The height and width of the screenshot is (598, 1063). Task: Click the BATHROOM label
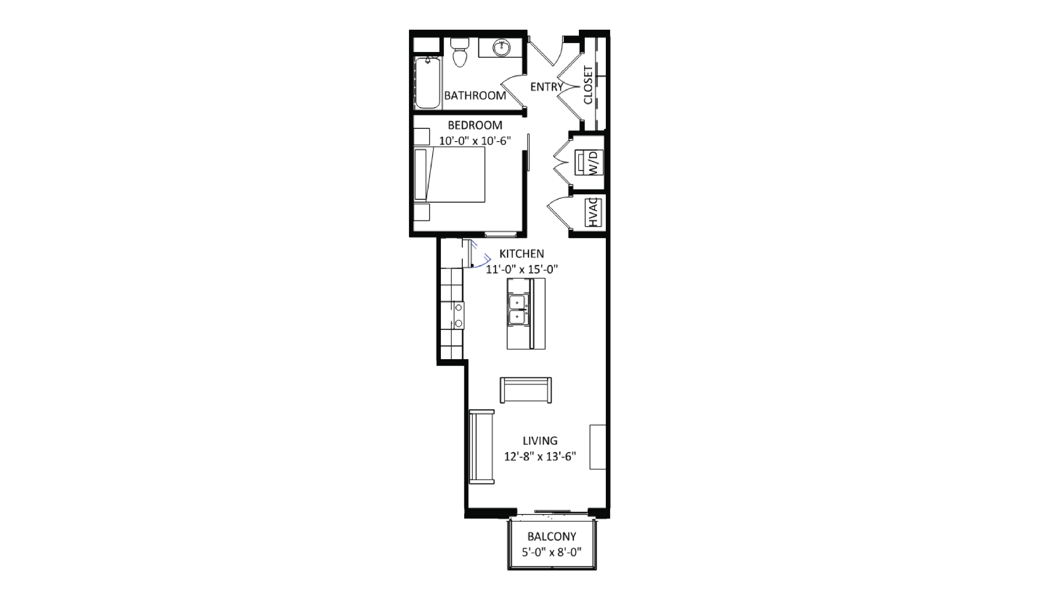click(x=475, y=96)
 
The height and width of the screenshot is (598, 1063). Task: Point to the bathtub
click(x=427, y=82)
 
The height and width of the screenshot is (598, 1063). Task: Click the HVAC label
click(x=593, y=212)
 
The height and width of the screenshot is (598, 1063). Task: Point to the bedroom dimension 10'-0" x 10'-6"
click(x=475, y=141)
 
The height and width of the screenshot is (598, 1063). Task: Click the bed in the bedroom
click(x=450, y=174)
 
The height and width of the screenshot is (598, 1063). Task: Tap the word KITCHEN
click(x=522, y=254)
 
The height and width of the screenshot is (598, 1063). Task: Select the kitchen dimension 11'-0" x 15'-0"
click(x=522, y=269)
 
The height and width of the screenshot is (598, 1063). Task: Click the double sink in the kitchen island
click(x=518, y=309)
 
